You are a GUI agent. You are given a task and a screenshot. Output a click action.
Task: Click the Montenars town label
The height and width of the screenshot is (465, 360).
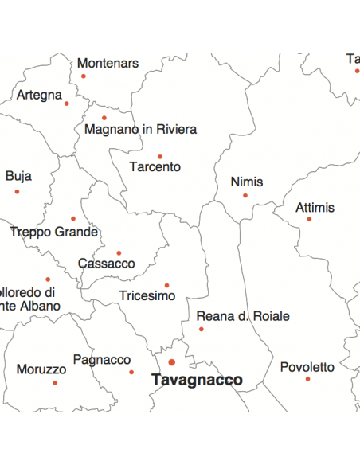point(108,63)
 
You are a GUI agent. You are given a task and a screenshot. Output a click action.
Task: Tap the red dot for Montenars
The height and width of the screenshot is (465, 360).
point(83,76)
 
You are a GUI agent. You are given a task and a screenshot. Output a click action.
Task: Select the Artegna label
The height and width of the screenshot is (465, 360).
point(39,96)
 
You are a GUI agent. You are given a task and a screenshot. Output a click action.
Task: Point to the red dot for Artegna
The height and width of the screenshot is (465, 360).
point(67,104)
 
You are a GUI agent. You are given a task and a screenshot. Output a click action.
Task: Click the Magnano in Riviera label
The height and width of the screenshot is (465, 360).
point(140,129)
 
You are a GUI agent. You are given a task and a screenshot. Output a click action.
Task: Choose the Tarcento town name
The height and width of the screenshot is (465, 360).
point(155,167)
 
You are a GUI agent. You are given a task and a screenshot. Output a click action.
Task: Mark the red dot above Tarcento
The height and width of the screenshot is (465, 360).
point(159,157)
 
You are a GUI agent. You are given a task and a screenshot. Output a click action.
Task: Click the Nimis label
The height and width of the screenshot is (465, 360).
point(246,182)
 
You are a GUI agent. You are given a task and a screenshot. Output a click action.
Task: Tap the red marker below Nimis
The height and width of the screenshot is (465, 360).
point(245,195)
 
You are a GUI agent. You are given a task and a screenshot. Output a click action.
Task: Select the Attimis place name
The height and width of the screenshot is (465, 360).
point(315,208)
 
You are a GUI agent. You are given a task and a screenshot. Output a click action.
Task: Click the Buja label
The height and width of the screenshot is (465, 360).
point(18,176)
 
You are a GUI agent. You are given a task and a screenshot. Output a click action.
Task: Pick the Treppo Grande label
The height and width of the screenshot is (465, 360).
point(53,232)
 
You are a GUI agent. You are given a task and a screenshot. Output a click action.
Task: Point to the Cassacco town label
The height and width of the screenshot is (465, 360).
point(106,264)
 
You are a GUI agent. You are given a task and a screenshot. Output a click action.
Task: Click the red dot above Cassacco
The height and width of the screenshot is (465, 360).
point(119,253)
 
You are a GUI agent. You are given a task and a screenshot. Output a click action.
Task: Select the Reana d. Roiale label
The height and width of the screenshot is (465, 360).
point(243,316)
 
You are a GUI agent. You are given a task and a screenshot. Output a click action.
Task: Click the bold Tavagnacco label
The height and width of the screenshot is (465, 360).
point(197,381)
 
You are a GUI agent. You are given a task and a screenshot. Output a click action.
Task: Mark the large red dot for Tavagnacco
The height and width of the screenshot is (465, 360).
point(171,362)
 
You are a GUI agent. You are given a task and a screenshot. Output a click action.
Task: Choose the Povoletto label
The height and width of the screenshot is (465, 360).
point(307,367)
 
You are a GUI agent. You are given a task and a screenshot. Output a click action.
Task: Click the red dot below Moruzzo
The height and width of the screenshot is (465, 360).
point(55,383)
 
